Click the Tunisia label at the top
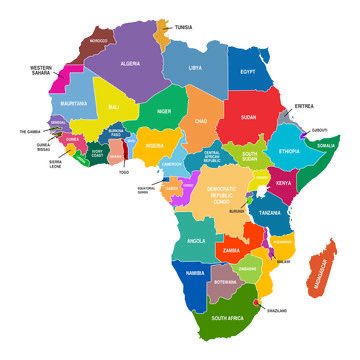tap(184, 27)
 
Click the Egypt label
tap(248, 72)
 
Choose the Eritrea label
tap(304, 106)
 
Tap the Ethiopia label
tap(289, 151)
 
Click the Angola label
tap(195, 241)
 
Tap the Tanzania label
tap(270, 213)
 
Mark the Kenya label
tap(284, 183)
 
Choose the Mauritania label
tap(73, 103)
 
